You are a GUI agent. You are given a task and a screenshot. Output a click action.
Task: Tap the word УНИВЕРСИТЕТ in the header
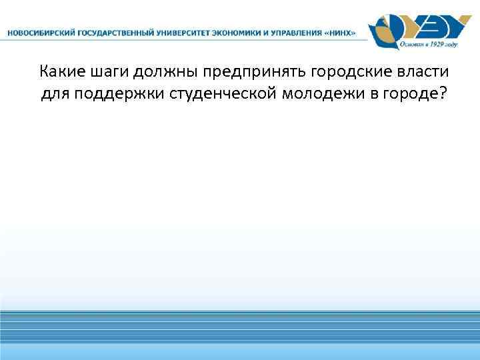[182, 33]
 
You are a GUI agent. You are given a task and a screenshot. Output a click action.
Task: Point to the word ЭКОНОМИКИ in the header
[238, 33]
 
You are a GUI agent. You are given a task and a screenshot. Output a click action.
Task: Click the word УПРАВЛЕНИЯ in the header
[299, 33]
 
